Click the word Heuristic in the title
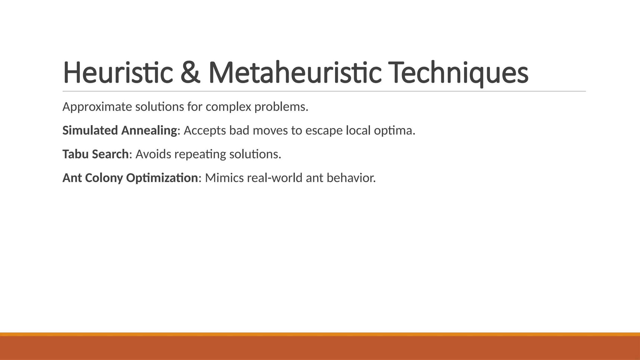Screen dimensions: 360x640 point(118,72)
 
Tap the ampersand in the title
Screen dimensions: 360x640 point(191,72)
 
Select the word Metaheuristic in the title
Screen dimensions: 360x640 point(295,72)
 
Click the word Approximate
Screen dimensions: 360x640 point(97,107)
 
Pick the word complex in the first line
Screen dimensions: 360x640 point(228,107)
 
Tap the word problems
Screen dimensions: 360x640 point(281,107)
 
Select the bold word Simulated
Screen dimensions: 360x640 point(90,130)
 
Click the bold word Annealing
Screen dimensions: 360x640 point(149,130)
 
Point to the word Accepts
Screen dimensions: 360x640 point(205,130)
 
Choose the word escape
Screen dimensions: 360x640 point(324,130)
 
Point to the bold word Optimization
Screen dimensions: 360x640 point(162,178)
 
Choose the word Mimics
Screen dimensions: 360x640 point(224,178)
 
